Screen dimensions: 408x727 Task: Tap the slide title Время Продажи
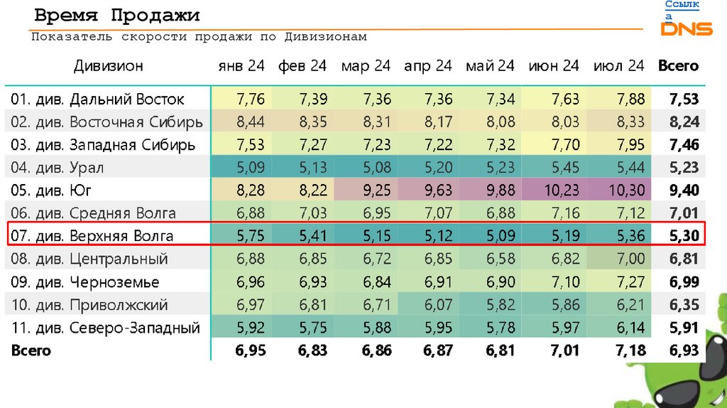tap(117, 16)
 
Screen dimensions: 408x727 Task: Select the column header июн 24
tap(554, 66)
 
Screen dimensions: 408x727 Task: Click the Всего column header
tap(678, 66)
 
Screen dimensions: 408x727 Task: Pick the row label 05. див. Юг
tap(53, 190)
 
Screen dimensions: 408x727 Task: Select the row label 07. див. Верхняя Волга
tap(92, 236)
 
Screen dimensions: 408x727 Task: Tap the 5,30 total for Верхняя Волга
tap(684, 236)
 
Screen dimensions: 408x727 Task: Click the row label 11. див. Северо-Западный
tap(106, 328)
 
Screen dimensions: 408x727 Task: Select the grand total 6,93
tap(684, 350)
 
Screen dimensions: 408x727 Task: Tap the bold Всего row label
tap(31, 350)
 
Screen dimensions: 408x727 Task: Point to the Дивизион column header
tap(108, 66)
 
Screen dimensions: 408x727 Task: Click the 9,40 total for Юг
tap(684, 190)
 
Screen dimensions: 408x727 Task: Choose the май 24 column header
tap(491, 66)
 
